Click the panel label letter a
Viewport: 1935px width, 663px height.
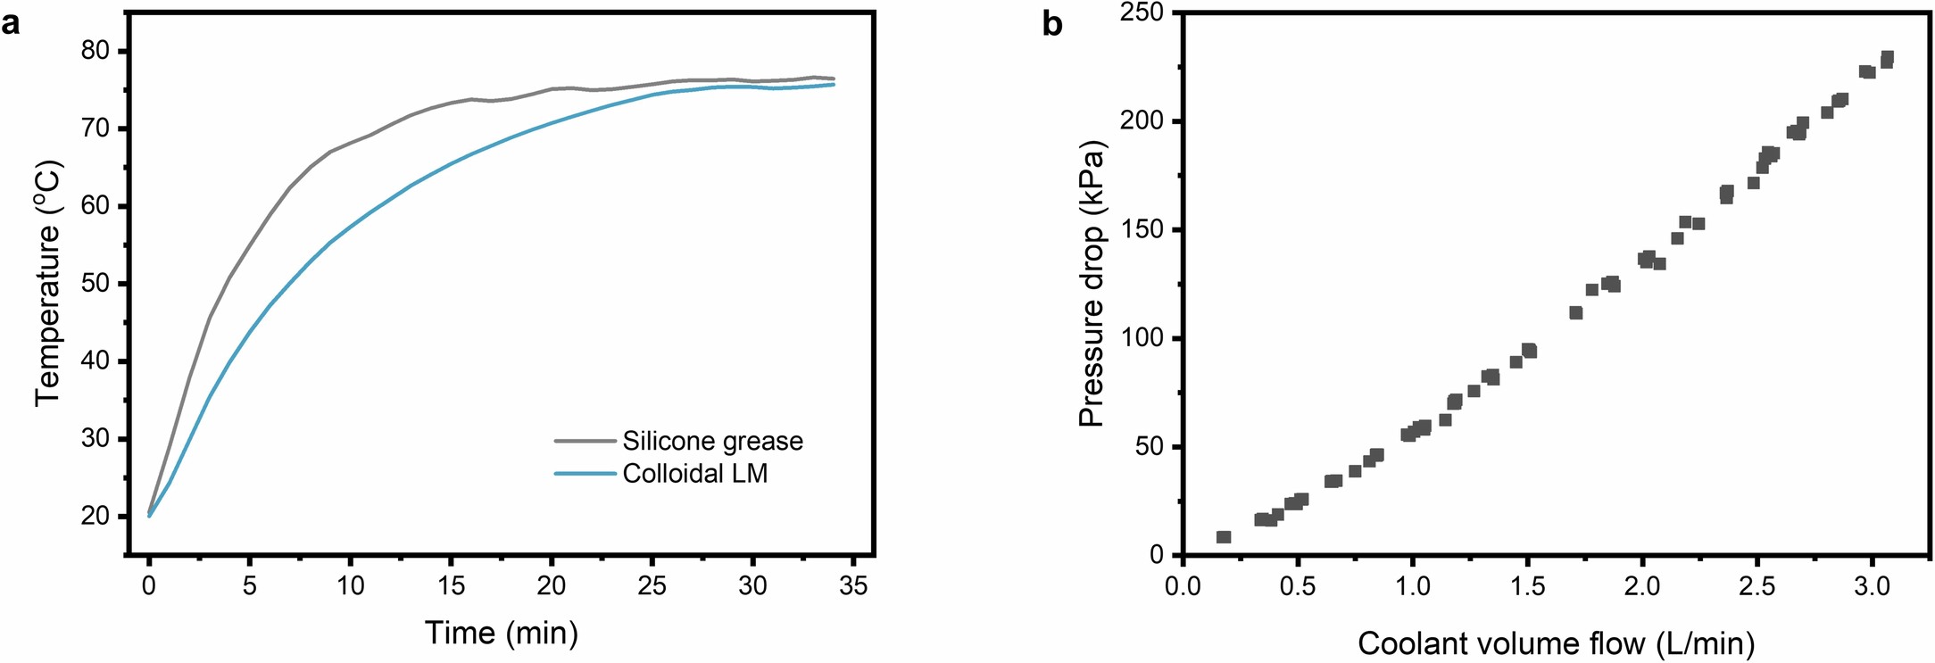click(x=11, y=24)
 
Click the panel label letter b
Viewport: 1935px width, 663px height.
click(x=1053, y=24)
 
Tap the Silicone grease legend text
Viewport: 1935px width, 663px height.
click(x=712, y=441)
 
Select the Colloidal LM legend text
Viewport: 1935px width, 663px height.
click(x=694, y=473)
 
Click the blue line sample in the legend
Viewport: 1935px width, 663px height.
click(x=585, y=473)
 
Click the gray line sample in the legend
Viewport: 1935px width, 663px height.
click(x=585, y=441)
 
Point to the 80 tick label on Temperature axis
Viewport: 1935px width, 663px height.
click(x=96, y=51)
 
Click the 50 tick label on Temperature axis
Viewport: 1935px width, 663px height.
click(x=96, y=284)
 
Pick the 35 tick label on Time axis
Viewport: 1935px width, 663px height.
click(x=853, y=586)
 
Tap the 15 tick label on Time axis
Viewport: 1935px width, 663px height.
click(x=451, y=586)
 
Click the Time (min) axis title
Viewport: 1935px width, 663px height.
click(x=502, y=633)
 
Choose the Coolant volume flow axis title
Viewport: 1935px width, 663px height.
click(x=1557, y=642)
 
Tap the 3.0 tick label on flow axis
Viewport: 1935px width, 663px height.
click(x=1872, y=586)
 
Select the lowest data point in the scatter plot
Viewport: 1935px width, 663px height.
click(x=1224, y=537)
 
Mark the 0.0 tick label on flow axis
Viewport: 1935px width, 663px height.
click(x=1183, y=586)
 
